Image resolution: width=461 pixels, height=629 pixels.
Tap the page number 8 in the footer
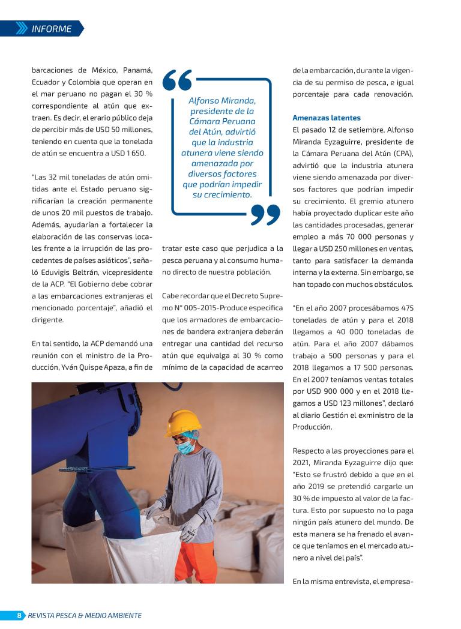tap(19, 615)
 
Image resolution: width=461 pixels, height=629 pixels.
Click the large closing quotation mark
tap(265, 214)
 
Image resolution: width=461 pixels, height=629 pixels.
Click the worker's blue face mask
tap(187, 446)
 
